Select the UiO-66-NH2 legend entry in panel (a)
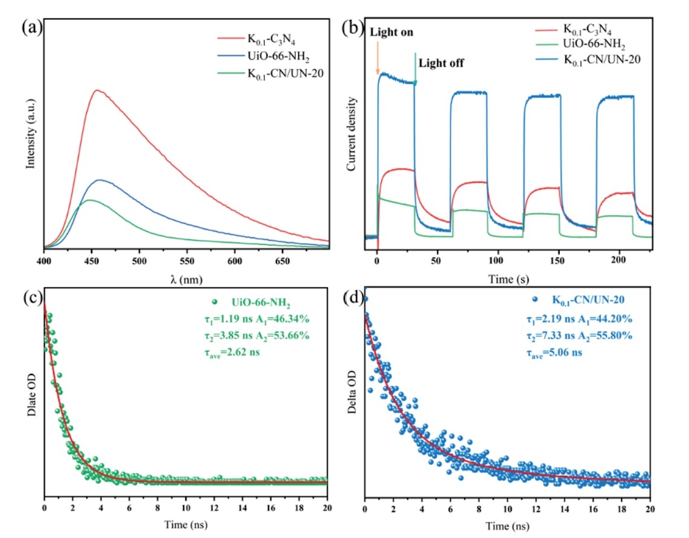click(262, 58)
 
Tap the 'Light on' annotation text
click(392, 33)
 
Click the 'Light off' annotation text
click(441, 63)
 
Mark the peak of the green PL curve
click(89, 200)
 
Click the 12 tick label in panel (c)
click(214, 511)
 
